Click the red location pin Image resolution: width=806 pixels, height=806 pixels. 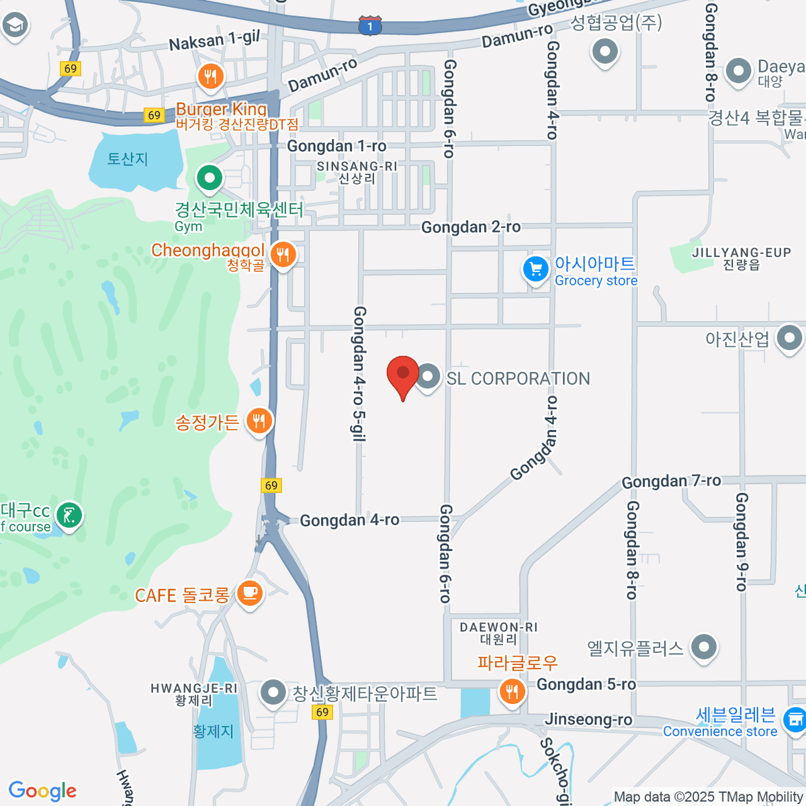[403, 373]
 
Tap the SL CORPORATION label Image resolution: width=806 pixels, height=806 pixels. [518, 379]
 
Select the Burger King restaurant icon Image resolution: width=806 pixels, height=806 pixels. [211, 77]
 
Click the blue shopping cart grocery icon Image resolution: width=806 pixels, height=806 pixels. [535, 270]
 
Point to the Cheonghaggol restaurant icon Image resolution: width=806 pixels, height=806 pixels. [283, 255]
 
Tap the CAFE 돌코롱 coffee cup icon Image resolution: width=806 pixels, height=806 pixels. [250, 593]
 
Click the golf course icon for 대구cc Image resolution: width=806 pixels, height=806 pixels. [69, 516]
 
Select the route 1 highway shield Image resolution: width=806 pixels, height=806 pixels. [370, 26]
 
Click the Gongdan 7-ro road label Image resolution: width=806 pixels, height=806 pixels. [671, 481]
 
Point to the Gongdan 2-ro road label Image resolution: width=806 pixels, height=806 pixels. [470, 227]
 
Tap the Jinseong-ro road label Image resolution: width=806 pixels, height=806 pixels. [588, 719]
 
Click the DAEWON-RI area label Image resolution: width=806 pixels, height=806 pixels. [498, 633]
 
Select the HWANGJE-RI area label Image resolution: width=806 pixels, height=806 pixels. [193, 694]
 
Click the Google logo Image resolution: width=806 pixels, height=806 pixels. [42, 791]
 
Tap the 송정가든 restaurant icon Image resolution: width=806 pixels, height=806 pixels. [259, 422]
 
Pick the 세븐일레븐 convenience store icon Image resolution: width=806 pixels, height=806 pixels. [795, 719]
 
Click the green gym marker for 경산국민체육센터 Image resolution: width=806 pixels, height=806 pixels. [210, 179]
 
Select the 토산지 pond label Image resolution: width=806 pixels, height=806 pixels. [128, 159]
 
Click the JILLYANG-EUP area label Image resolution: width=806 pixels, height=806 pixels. [742, 258]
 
